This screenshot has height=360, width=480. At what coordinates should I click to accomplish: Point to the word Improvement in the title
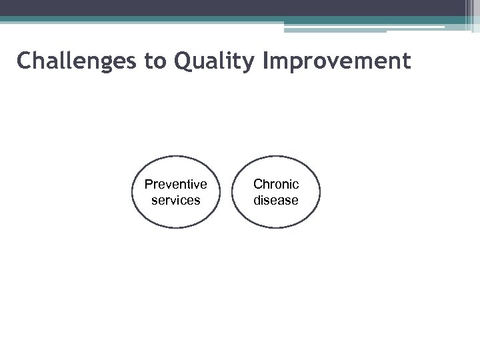pyautogui.click(x=337, y=62)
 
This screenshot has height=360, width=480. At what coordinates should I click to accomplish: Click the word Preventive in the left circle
pyautogui.click(x=176, y=184)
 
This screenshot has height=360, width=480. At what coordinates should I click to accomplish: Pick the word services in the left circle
pyautogui.click(x=176, y=200)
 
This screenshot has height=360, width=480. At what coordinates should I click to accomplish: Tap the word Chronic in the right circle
pyautogui.click(x=276, y=184)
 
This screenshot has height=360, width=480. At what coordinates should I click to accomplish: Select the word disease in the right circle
pyautogui.click(x=276, y=200)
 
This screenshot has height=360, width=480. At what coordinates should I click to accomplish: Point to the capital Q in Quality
pyautogui.click(x=183, y=61)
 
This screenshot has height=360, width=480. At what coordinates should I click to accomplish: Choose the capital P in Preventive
pyautogui.click(x=149, y=184)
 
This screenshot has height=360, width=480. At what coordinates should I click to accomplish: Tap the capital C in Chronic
pyautogui.click(x=258, y=184)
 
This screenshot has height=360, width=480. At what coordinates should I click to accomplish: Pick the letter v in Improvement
pyautogui.click(x=337, y=62)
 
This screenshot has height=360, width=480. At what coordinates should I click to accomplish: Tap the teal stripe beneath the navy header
pyautogui.click(x=200, y=20)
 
